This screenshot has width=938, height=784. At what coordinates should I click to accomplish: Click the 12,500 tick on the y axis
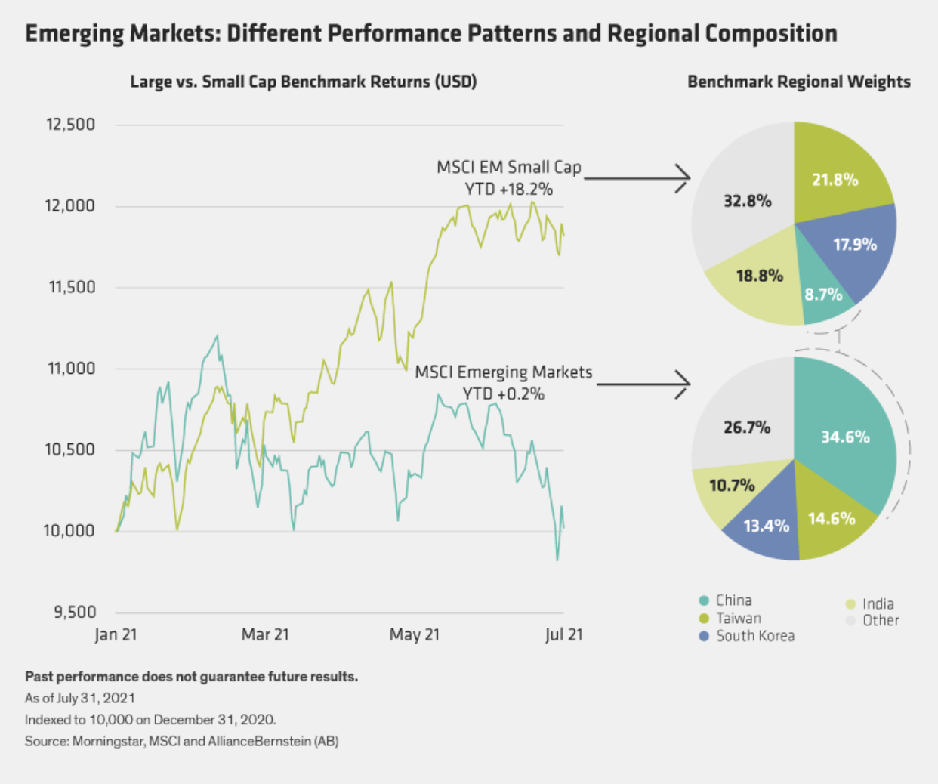tap(71, 125)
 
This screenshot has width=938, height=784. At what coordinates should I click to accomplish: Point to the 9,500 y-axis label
tap(75, 612)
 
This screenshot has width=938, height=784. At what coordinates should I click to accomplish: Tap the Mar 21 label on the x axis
tap(265, 634)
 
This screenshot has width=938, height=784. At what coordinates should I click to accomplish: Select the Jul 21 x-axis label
tap(564, 634)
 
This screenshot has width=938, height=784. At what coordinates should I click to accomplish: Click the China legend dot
tap(704, 600)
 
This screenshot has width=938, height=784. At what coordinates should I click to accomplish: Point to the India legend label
tap(878, 603)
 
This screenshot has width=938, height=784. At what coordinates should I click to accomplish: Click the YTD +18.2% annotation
tap(508, 190)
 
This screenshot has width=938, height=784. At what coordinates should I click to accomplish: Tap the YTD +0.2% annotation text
tap(504, 394)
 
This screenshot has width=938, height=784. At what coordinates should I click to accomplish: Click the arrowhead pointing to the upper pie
tap(684, 178)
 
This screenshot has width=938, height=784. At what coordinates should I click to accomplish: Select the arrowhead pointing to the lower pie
tap(684, 384)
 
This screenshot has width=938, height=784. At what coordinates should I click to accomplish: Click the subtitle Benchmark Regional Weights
tap(798, 82)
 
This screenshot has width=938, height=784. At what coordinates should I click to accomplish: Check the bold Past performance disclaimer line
tap(191, 677)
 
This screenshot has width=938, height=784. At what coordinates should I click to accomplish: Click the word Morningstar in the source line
tap(106, 741)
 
